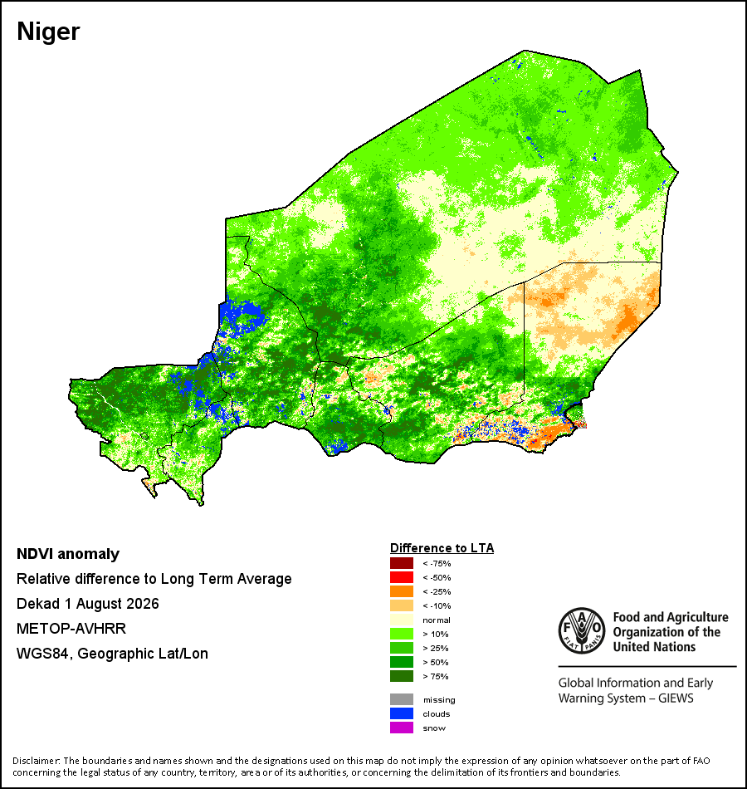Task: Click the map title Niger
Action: click(x=48, y=32)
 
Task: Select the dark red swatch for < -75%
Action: click(x=402, y=563)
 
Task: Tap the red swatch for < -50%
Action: click(x=402, y=577)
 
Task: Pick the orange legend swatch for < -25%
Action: click(x=402, y=591)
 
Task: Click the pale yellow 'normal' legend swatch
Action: click(x=402, y=620)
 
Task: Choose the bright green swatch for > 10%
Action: click(x=402, y=634)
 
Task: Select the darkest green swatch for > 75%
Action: click(x=402, y=676)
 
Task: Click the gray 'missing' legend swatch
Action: click(x=402, y=699)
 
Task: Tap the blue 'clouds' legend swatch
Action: click(x=402, y=713)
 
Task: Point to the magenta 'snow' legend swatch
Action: click(x=402, y=728)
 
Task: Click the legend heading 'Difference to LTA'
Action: click(x=442, y=548)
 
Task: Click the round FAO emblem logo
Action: click(x=582, y=631)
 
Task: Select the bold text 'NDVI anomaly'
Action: click(x=68, y=554)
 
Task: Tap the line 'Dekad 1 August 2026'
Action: click(x=87, y=604)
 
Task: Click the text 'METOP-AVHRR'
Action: click(x=71, y=629)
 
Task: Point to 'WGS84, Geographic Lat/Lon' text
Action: click(x=112, y=654)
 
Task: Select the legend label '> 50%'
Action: click(x=436, y=662)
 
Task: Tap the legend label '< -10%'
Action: click(x=437, y=605)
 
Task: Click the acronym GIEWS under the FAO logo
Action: click(x=676, y=698)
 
